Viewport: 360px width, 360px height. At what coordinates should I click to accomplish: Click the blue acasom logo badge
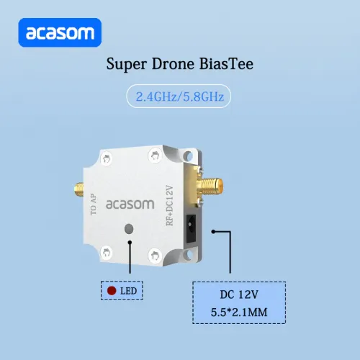(x=60, y=32)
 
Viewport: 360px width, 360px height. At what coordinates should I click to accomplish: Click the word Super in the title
(x=127, y=64)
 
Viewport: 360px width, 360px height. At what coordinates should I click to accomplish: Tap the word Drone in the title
(x=173, y=64)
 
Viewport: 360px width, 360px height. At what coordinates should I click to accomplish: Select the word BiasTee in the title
(x=226, y=64)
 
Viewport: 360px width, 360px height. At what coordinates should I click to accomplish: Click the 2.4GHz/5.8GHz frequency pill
(x=179, y=96)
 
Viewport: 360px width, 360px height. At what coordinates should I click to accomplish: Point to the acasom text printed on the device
(x=130, y=204)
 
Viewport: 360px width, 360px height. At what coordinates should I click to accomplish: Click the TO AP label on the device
(x=94, y=204)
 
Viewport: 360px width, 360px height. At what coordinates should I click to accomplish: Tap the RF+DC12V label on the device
(x=169, y=205)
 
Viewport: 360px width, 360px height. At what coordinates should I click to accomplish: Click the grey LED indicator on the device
(x=129, y=229)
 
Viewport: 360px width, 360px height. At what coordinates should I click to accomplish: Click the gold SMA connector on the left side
(x=79, y=190)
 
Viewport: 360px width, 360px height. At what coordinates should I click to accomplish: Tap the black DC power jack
(x=191, y=228)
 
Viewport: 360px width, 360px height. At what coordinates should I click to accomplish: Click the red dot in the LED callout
(x=112, y=291)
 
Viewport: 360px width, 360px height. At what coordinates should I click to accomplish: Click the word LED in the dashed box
(x=128, y=291)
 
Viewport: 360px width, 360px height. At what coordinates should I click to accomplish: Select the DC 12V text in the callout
(x=239, y=294)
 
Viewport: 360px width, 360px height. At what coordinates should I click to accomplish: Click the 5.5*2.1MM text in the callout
(x=239, y=312)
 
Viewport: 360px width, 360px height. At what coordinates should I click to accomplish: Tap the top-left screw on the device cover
(x=106, y=158)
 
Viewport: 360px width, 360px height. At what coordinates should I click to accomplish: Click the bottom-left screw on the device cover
(x=106, y=253)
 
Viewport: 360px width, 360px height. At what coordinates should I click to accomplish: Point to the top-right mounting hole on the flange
(x=188, y=156)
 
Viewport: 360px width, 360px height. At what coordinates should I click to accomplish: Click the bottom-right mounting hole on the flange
(x=188, y=255)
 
